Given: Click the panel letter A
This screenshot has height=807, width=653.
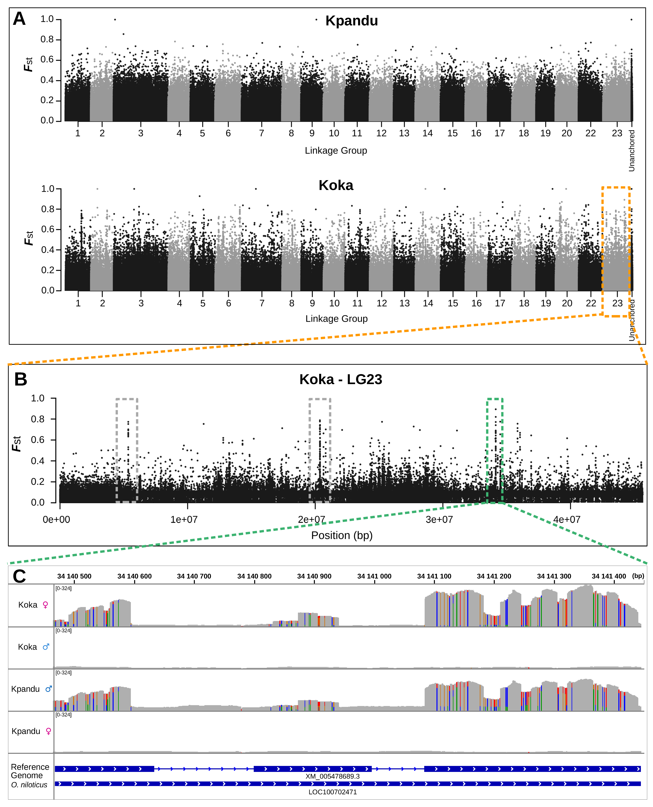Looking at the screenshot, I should point(19,19).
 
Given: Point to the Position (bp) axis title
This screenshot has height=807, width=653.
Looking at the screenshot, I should point(342,535).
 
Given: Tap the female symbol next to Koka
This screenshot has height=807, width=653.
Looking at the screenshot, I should point(45,605).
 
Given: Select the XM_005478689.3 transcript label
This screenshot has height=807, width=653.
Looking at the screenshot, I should point(333,776).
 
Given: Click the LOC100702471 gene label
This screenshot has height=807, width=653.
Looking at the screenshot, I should point(333,792).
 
